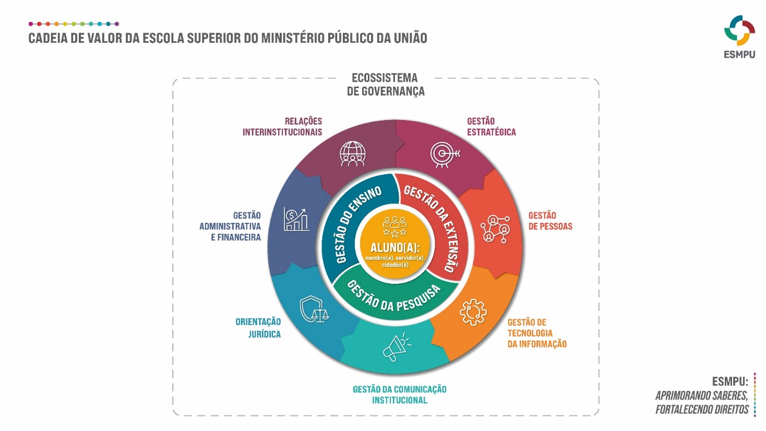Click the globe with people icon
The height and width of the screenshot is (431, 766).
click(353, 154)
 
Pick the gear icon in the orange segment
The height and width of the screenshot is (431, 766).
click(473, 312)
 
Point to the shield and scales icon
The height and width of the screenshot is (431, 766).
click(314, 309)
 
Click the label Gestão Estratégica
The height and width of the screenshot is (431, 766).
click(491, 127)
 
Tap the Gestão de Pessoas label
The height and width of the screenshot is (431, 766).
click(550, 221)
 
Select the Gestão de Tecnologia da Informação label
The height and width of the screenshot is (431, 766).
click(536, 333)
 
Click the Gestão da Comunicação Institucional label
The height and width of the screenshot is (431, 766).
click(400, 394)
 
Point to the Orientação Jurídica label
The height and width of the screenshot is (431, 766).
click(258, 328)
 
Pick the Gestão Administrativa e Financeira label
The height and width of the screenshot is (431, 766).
click(230, 226)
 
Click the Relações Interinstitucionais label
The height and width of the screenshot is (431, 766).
click(282, 127)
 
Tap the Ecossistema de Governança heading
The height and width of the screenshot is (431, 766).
click(386, 85)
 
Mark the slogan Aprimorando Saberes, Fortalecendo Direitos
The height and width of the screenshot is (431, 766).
click(702, 402)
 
